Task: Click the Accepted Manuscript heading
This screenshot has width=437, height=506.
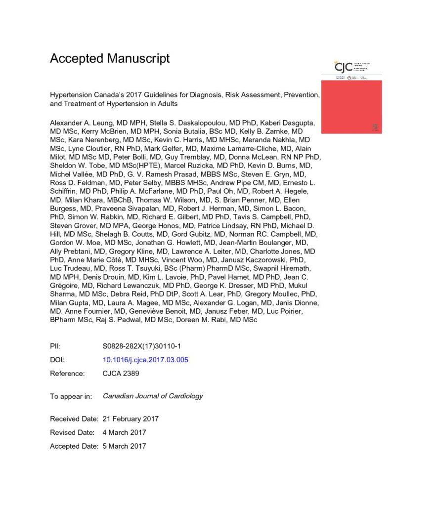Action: click(x=110, y=58)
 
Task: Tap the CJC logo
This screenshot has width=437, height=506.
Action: click(x=343, y=67)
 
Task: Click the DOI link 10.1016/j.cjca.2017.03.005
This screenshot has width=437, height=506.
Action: click(x=145, y=360)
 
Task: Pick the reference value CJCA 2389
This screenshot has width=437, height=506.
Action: click(x=121, y=374)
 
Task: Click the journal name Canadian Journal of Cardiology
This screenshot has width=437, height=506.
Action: click(x=153, y=396)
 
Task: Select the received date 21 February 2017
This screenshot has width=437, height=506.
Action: click(x=131, y=419)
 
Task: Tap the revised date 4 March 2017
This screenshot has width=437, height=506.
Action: click(x=124, y=432)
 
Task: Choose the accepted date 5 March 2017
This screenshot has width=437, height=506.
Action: click(x=124, y=446)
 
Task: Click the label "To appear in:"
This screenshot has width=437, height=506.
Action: click(x=71, y=396)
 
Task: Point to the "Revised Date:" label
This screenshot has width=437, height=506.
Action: click(x=72, y=432)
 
